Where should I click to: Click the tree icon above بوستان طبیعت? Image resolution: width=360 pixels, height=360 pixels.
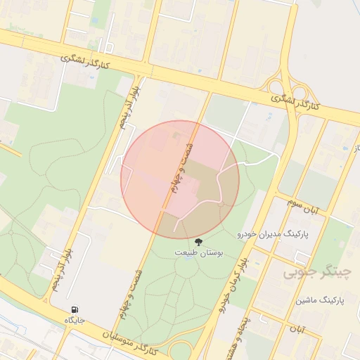pos(199,240)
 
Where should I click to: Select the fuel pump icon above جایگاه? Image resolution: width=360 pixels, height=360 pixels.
pos(75,309)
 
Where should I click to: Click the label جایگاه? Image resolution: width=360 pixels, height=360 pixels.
pos(75,320)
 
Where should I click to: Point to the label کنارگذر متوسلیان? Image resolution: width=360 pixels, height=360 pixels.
pos(140,342)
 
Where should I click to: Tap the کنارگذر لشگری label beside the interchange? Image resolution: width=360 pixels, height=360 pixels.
pos(295,103)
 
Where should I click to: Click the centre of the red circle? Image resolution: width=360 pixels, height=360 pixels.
pos(180,180)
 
